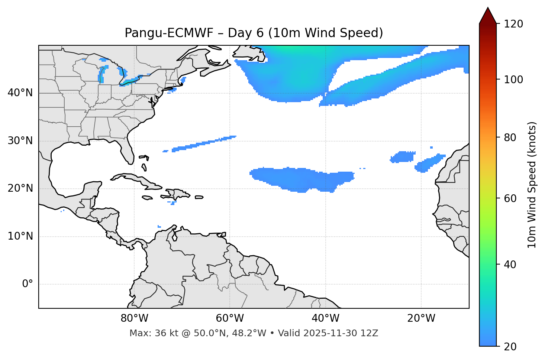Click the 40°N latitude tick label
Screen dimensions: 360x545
(20, 93)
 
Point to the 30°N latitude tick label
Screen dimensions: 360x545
(20, 141)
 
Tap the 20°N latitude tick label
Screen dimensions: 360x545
(20, 188)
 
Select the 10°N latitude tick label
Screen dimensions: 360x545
(20, 236)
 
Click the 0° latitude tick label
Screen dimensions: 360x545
(28, 284)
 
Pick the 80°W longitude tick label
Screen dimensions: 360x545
(134, 318)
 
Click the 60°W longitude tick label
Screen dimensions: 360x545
(230, 318)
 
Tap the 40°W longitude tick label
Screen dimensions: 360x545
(325, 318)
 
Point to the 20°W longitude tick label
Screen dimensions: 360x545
(421, 318)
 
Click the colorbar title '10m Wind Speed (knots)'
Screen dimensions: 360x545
(532, 185)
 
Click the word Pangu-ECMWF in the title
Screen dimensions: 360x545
(169, 33)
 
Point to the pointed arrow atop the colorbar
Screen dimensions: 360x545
(488, 16)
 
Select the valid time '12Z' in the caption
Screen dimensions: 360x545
(371, 333)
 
